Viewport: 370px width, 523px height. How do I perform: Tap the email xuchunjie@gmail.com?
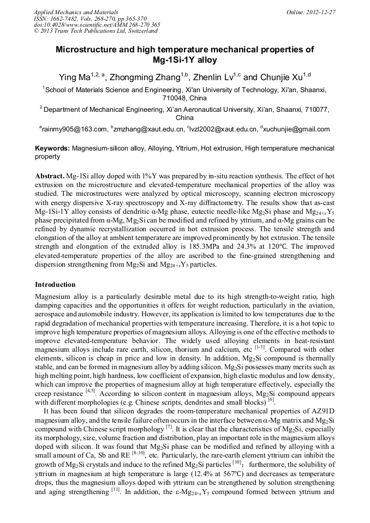coord(297,129)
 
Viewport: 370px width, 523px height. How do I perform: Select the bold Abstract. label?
coord(50,178)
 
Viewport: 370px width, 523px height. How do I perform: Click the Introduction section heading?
coord(55,284)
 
